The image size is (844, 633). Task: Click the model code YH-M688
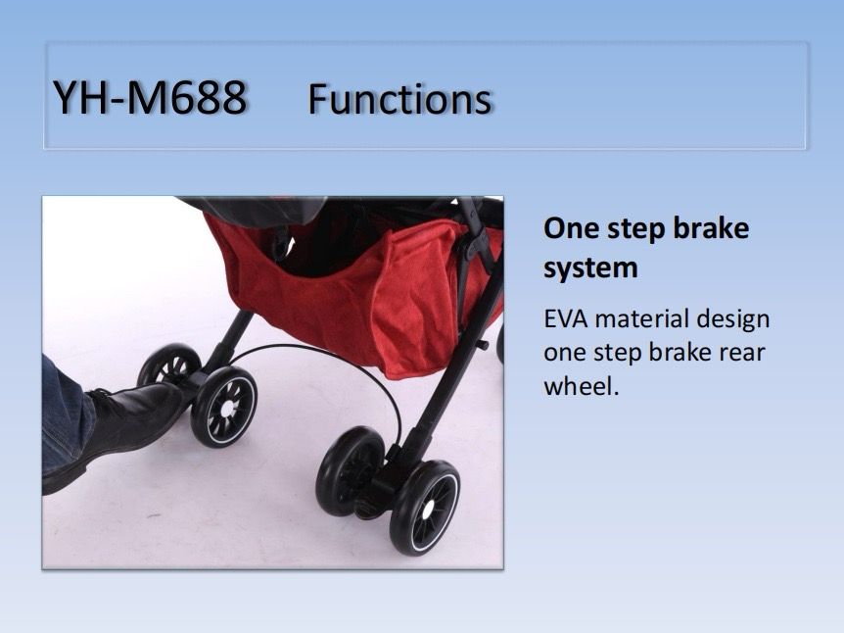click(x=150, y=98)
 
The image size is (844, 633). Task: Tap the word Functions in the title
click(x=399, y=99)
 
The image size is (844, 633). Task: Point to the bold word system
click(x=590, y=268)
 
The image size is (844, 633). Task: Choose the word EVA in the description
click(x=565, y=318)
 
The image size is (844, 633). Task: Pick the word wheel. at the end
click(x=582, y=386)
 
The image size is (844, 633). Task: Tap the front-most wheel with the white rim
click(x=425, y=508)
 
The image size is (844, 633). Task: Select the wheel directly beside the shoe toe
click(x=224, y=408)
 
